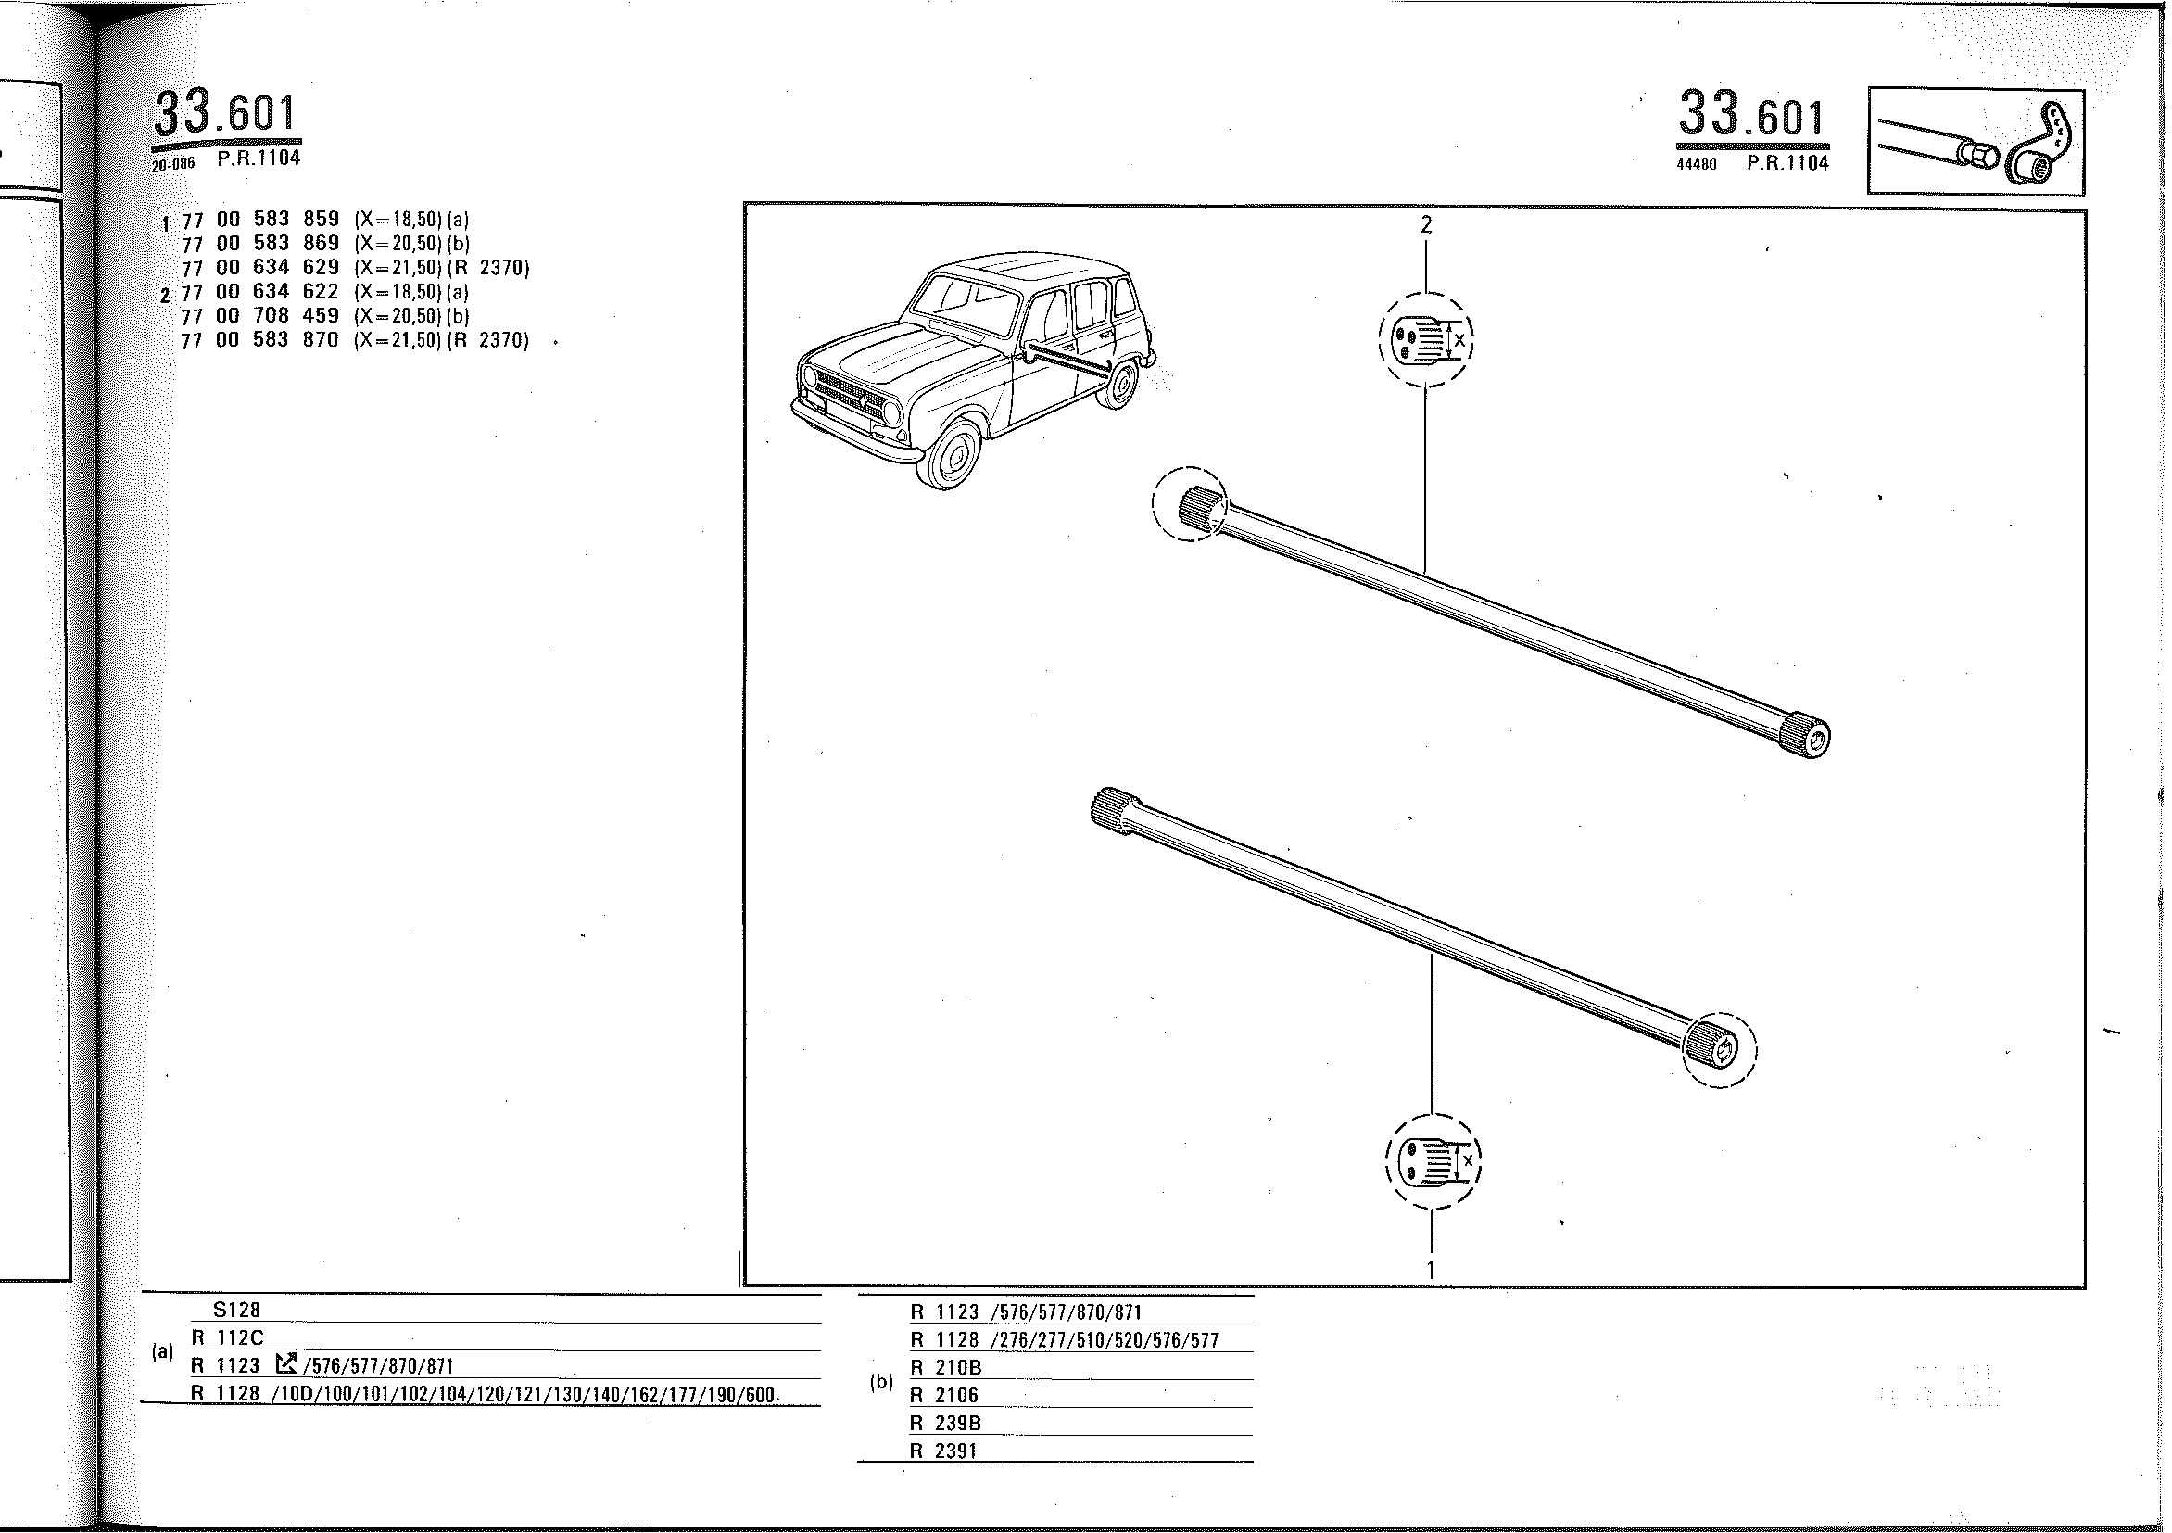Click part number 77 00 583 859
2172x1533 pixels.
(x=260, y=221)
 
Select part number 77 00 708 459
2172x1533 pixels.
(x=260, y=315)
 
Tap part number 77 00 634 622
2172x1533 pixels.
(x=260, y=291)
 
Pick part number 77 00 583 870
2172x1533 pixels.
(x=260, y=340)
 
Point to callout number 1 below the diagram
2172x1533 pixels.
(x=1432, y=1270)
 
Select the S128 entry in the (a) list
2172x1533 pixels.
(x=236, y=1311)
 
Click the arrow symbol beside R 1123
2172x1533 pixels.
(x=285, y=1363)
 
